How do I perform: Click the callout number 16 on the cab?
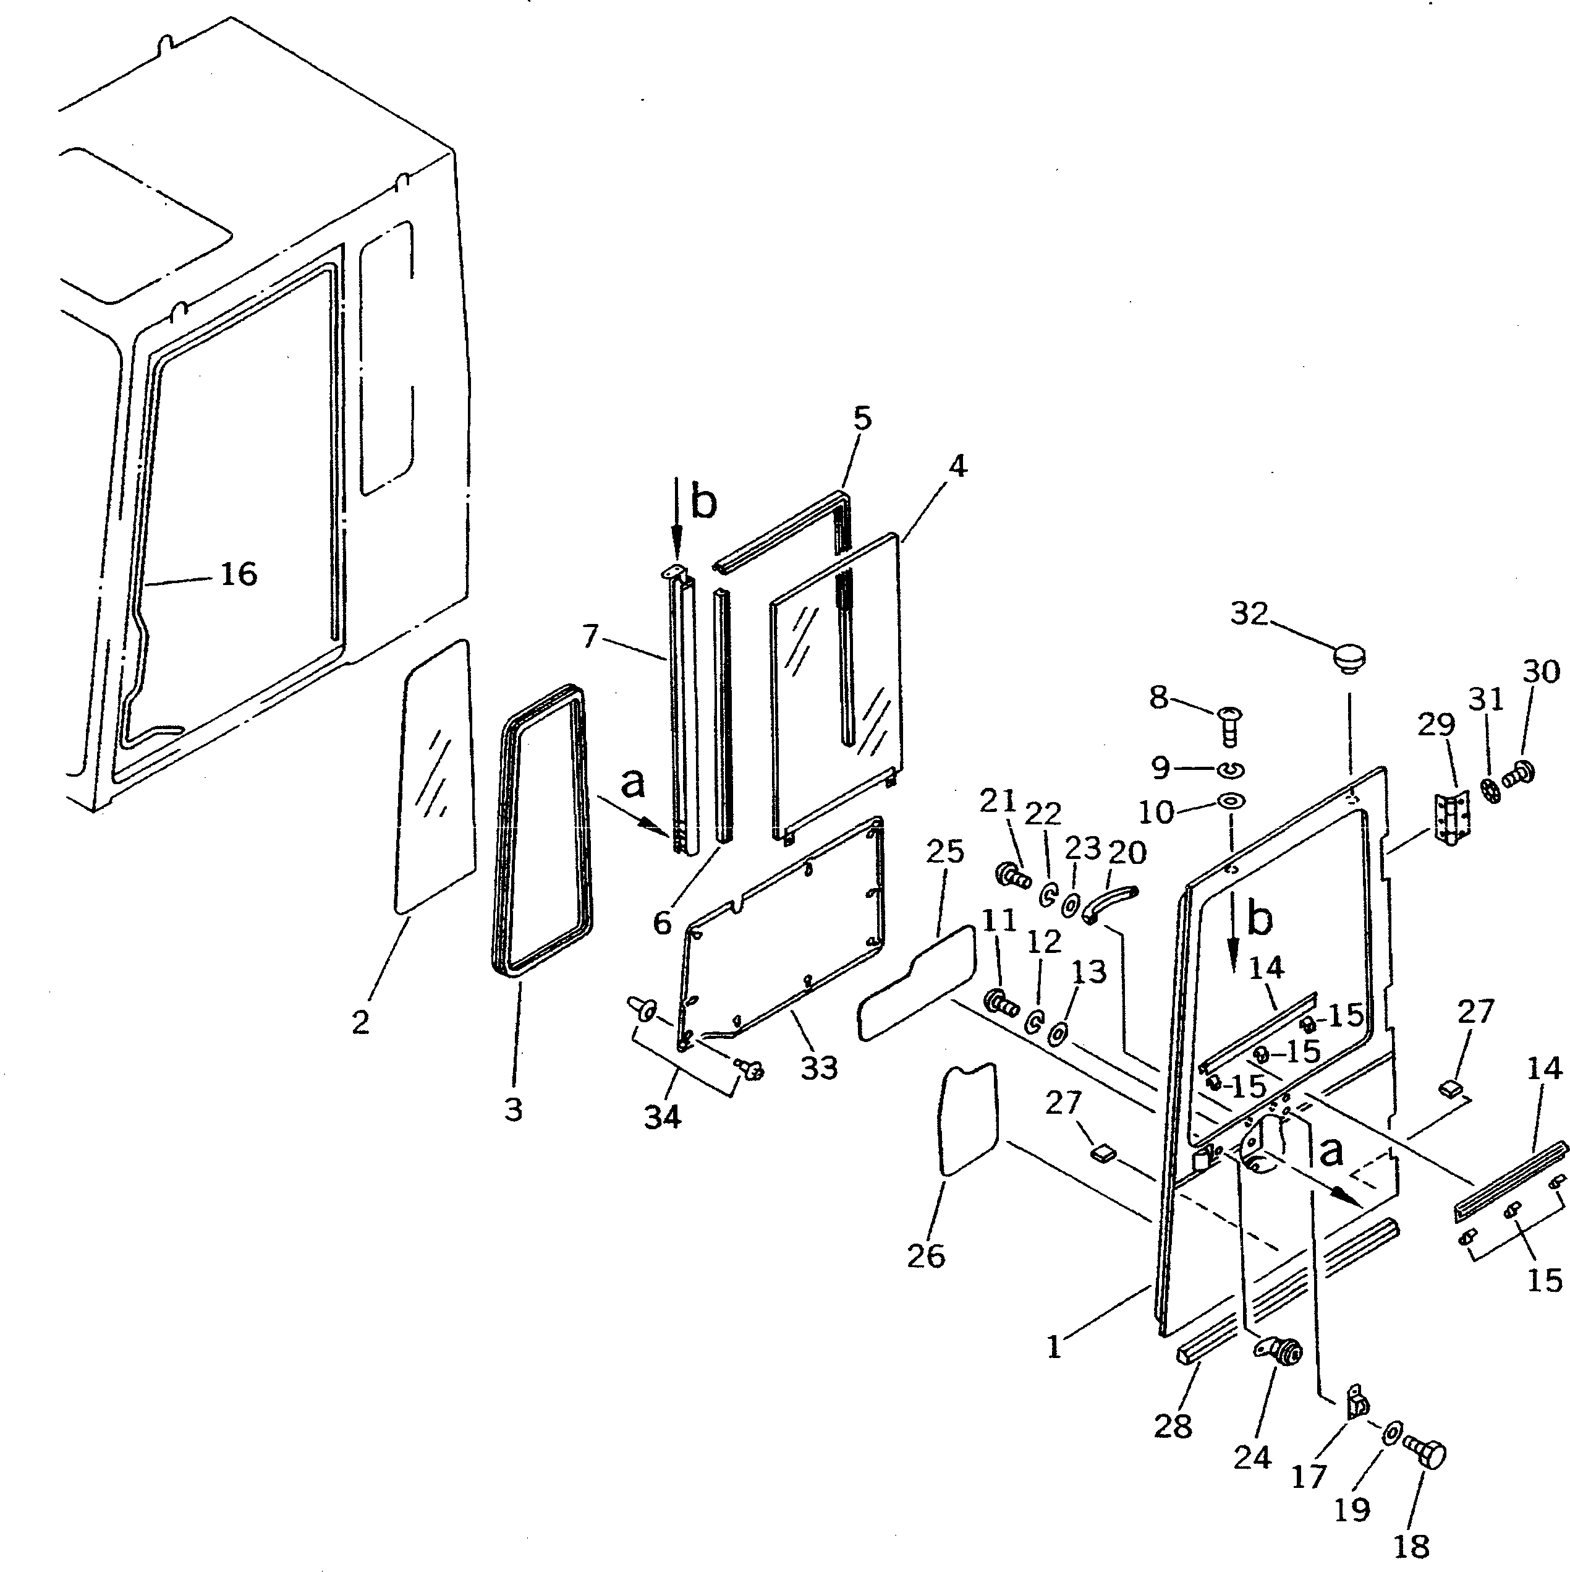[239, 575]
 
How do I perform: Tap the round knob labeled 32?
[1349, 658]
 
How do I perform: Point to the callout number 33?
[818, 1067]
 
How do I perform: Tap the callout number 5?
[862, 418]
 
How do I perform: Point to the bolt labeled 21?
[1011, 876]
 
